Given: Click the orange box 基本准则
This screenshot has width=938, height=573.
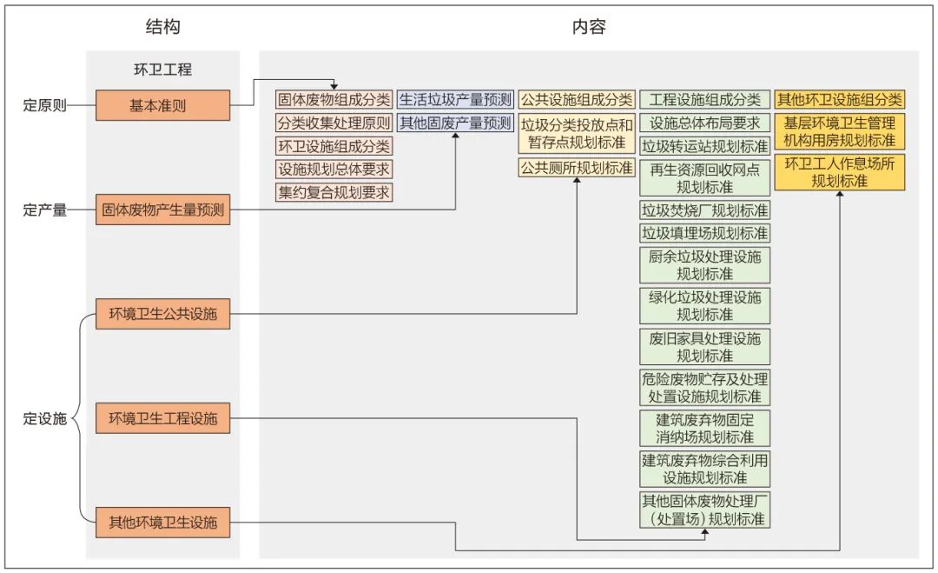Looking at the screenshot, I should tap(163, 105).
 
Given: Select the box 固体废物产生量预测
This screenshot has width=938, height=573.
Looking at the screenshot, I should tap(163, 210).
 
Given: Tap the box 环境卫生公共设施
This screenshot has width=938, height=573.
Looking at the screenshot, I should tap(163, 313).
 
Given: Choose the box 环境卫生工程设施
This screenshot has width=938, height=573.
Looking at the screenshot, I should tap(163, 418).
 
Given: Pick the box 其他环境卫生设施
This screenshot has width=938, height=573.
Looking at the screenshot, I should tap(163, 523).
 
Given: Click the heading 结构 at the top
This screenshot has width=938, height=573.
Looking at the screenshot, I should tap(162, 27).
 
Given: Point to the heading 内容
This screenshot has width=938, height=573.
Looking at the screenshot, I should tap(588, 27).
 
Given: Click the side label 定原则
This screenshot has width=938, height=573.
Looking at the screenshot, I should tap(44, 106).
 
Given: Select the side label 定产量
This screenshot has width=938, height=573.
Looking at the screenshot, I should tap(44, 210).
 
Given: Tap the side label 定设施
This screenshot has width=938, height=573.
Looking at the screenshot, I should tap(44, 418).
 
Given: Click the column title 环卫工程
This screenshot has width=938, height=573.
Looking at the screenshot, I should tap(162, 70).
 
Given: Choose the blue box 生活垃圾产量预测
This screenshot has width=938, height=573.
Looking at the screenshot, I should tap(455, 99).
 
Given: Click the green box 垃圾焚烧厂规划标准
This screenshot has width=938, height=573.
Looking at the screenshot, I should tap(704, 210).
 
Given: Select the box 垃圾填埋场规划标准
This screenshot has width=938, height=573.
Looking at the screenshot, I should tap(704, 233).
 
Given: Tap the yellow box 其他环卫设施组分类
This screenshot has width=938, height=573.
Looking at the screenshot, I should tap(839, 99).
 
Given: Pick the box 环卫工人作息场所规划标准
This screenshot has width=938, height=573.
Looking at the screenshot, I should tap(839, 172).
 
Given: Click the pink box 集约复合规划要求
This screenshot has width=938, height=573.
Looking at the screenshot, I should tap(334, 192).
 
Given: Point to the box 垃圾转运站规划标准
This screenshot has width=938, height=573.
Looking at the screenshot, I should tap(704, 146).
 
